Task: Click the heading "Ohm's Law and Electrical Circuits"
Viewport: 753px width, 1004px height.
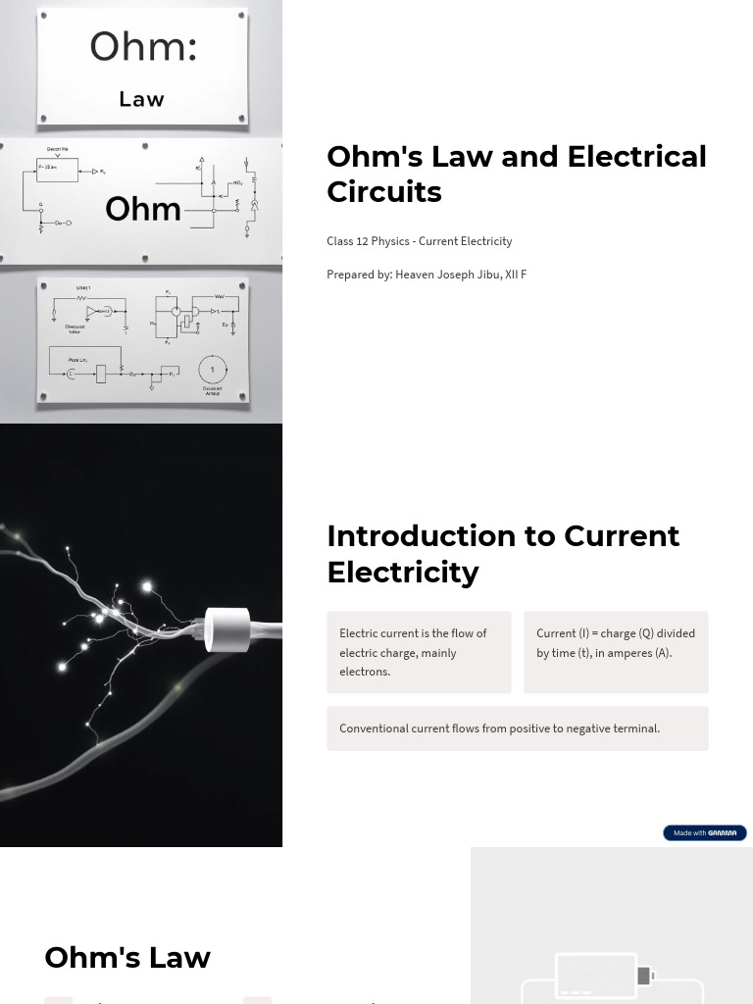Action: click(x=516, y=174)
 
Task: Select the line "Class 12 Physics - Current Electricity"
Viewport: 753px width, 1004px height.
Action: click(x=420, y=241)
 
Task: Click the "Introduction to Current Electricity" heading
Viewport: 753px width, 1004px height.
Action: click(x=503, y=554)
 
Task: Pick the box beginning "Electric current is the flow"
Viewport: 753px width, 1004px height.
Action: click(x=419, y=652)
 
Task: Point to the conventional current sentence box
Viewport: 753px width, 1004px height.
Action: click(x=517, y=728)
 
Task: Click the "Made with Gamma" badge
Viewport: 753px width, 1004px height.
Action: click(x=704, y=833)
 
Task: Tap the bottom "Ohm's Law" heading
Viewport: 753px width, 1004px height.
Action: click(x=127, y=958)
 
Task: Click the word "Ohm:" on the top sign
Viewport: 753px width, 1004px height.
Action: click(x=143, y=47)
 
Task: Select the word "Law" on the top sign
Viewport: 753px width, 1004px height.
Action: click(x=141, y=99)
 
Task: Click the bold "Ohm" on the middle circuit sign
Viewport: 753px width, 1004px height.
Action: click(x=143, y=209)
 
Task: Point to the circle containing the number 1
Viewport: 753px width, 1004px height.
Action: click(x=213, y=370)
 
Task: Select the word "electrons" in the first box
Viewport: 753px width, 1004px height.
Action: click(x=365, y=672)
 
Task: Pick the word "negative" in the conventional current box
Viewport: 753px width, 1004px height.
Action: click(x=580, y=728)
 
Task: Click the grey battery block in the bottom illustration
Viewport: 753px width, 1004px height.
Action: click(x=644, y=976)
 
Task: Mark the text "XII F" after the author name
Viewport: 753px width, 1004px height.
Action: click(x=516, y=275)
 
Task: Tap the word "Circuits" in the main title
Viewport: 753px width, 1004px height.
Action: click(x=384, y=192)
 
